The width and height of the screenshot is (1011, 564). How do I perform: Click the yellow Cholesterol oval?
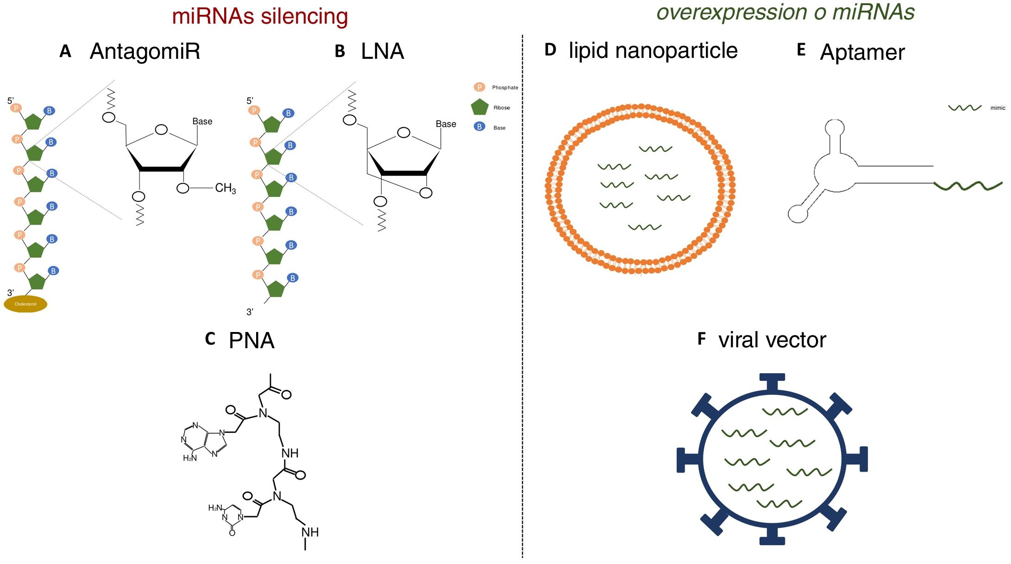[x=25, y=304]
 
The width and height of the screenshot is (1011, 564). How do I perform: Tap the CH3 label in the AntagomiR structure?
[x=226, y=188]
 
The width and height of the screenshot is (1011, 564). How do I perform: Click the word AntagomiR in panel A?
[x=145, y=51]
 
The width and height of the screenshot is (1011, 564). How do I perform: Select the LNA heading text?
[x=383, y=51]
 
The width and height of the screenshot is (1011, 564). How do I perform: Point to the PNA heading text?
[x=251, y=341]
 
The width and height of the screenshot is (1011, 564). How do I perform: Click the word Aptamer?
[x=862, y=52]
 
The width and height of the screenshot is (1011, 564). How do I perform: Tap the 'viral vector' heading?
[x=772, y=340]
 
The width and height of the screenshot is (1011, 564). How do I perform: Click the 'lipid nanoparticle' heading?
[x=653, y=50]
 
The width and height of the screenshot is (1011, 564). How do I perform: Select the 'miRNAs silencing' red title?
[x=260, y=16]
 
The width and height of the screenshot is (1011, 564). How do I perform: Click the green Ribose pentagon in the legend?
[x=480, y=107]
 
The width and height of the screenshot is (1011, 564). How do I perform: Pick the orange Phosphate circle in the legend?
[x=479, y=87]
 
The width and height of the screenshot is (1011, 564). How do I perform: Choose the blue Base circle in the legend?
[x=479, y=126]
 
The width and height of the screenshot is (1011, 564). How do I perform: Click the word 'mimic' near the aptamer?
[x=998, y=108]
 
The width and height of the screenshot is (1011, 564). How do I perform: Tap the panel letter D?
[x=550, y=50]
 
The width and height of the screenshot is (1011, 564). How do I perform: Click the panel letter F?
[x=702, y=339]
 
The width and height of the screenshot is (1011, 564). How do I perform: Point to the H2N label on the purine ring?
[x=190, y=458]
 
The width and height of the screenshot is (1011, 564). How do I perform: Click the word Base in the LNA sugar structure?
[x=446, y=124]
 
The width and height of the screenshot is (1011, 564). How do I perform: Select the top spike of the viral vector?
[x=772, y=381]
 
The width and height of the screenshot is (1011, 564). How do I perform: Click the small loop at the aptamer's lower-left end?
[x=797, y=213]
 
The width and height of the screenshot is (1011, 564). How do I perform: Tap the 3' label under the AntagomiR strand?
[x=10, y=293]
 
